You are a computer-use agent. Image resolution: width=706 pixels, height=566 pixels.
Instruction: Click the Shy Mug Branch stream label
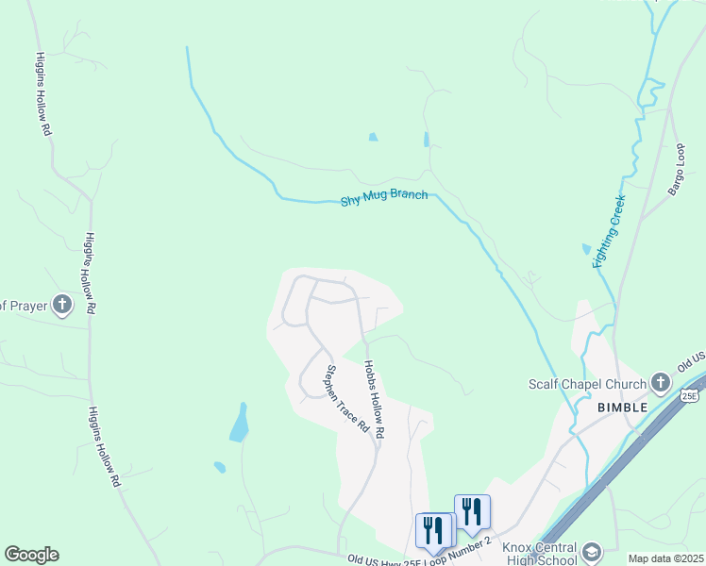tap(384, 199)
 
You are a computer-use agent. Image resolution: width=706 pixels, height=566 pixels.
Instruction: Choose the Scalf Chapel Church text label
tap(587, 384)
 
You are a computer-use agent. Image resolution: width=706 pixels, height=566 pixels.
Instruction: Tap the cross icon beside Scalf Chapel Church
tap(661, 384)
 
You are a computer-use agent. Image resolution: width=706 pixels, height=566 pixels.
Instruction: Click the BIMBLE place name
tap(621, 407)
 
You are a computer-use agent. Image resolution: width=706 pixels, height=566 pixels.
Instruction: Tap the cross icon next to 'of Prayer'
tap(62, 305)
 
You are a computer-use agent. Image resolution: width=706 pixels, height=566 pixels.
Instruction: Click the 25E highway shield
tap(690, 396)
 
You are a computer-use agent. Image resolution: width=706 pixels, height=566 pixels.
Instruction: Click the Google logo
tap(31, 555)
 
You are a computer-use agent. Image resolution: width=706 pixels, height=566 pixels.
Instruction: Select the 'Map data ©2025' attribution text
tap(665, 558)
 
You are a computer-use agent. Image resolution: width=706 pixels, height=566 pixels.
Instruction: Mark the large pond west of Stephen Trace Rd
tap(240, 424)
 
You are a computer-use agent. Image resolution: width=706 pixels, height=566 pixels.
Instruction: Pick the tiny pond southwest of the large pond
tap(220, 467)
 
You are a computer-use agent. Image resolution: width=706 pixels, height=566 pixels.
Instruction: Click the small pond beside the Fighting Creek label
tap(586, 249)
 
